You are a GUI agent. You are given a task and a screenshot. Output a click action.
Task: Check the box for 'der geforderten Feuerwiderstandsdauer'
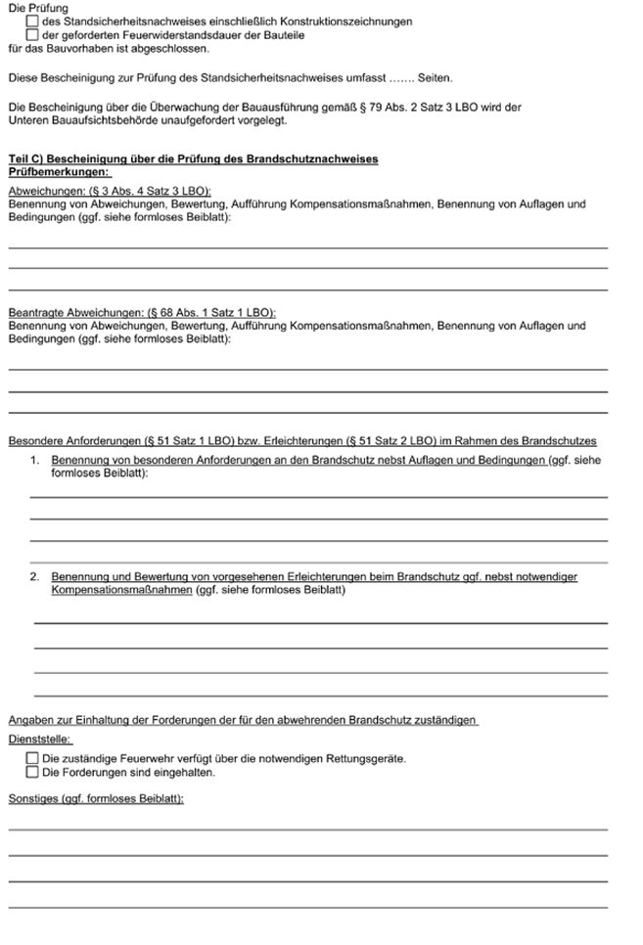(33, 34)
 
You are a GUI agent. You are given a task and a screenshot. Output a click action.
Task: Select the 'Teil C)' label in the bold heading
(25, 158)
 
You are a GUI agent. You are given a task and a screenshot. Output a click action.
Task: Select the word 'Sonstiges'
(32, 798)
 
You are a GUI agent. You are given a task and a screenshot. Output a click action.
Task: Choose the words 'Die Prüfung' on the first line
(37, 8)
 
